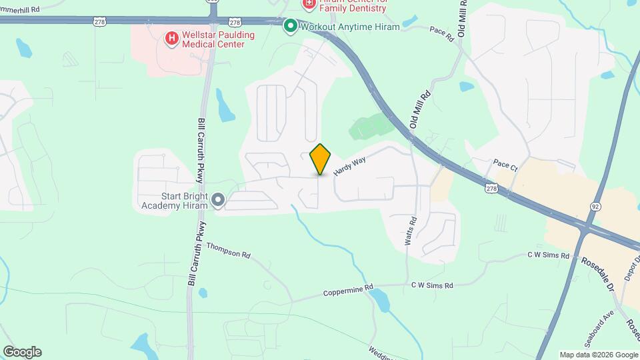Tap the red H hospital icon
(171, 38)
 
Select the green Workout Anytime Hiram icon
(290, 27)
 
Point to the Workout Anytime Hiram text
(350, 27)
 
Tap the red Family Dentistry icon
(308, 4)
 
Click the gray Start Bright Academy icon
(217, 199)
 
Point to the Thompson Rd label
(229, 250)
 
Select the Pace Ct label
(505, 163)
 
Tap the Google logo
(22, 352)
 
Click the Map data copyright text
(598, 355)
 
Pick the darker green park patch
(371, 125)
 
